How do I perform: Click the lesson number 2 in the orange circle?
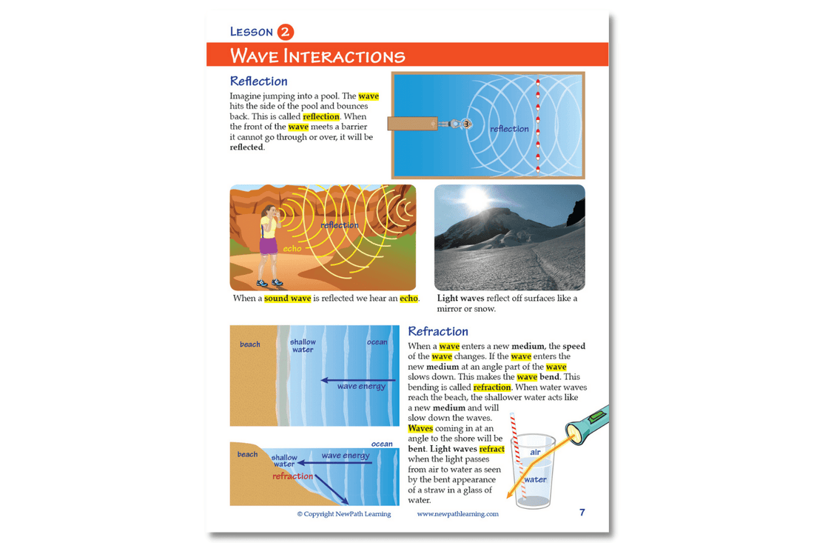286,32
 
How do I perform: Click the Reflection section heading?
258,81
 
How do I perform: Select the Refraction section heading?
438,331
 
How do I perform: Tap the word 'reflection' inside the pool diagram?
509,129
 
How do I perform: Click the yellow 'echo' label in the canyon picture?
292,249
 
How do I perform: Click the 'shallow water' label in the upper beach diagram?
303,346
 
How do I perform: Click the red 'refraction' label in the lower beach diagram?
292,476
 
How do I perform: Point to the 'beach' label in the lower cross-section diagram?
247,454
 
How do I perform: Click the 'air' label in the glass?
535,452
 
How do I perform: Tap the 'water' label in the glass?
535,479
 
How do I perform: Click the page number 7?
582,513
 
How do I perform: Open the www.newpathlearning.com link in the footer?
457,514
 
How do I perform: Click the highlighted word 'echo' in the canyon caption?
408,299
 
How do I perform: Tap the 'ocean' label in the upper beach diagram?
377,342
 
